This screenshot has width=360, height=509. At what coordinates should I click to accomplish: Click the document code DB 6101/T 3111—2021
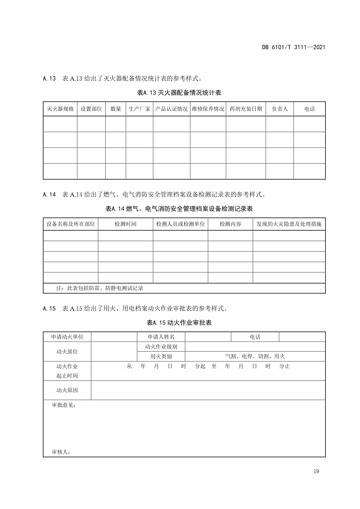pos(294,47)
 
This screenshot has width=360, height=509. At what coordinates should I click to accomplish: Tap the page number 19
pos(316,471)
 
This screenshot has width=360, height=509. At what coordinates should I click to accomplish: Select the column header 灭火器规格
pos(60,109)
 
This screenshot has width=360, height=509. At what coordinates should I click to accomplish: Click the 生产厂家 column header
pos(140,109)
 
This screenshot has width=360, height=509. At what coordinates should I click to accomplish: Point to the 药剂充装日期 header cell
pos(246,109)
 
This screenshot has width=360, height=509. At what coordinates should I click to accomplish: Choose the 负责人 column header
pos(280,109)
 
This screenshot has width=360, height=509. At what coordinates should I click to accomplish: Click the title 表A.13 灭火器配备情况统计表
pos(179,93)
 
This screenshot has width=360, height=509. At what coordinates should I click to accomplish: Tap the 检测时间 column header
pos(125,224)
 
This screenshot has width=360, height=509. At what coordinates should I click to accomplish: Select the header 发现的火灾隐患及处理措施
pos(289,224)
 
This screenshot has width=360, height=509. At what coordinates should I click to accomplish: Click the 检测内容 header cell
pos(230,224)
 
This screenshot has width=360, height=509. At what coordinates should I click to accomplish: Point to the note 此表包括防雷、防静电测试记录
pos(100,288)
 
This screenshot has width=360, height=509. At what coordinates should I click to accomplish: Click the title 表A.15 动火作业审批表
pos(179,323)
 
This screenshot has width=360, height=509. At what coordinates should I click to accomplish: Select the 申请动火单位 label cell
pos(67,337)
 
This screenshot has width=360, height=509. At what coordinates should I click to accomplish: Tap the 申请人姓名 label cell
pos(161,337)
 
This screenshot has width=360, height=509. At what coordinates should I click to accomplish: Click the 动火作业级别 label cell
pos(161,347)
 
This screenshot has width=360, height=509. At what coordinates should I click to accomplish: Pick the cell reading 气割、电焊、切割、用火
pos(255,356)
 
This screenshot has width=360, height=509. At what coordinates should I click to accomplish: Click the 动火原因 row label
pos(67,390)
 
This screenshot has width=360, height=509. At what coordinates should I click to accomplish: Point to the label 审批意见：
pos(64,405)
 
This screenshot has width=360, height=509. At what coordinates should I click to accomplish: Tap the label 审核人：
pos(61,452)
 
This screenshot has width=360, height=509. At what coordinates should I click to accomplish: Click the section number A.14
pos(49,195)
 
